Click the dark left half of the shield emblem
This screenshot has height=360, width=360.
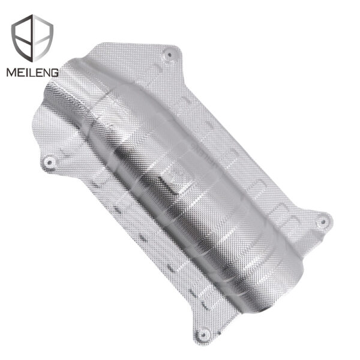27,37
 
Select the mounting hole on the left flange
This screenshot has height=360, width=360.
52,160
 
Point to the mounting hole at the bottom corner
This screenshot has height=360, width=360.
203,334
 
